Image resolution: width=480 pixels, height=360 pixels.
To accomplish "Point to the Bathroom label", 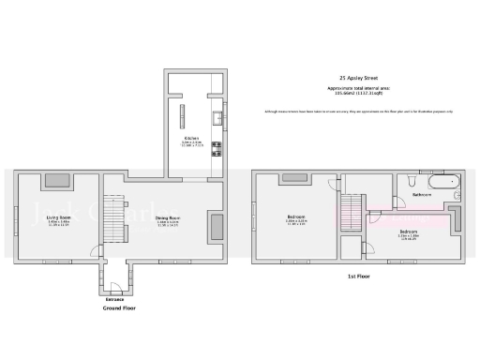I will click(422, 195).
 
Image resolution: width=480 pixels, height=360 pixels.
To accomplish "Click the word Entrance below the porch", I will click(114, 299).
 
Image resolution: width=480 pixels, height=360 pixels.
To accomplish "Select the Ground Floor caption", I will click(114, 307).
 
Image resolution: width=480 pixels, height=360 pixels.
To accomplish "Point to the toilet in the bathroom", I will click(411, 179).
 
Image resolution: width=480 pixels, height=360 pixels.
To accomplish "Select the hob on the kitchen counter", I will click(217, 146).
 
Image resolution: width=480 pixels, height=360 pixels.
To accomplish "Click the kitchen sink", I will click(217, 118).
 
